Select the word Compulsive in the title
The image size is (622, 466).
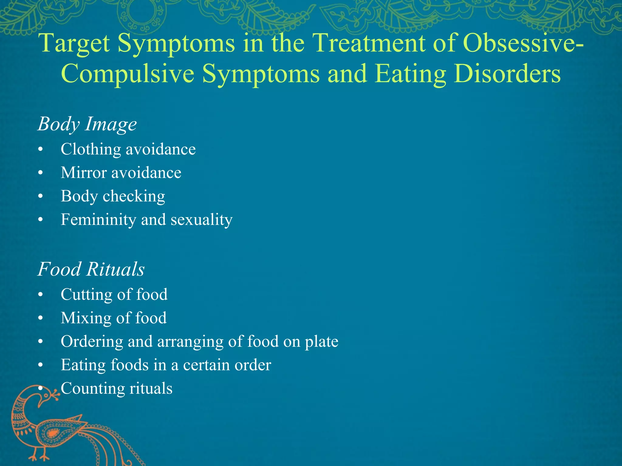pyautogui.click(x=128, y=74)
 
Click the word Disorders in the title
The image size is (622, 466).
pyautogui.click(x=507, y=74)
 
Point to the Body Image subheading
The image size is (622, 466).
pyautogui.click(x=87, y=124)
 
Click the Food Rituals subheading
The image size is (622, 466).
pyautogui.click(x=91, y=269)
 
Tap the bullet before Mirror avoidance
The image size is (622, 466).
pyautogui.click(x=41, y=173)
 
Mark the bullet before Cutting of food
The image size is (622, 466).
pyautogui.click(x=41, y=295)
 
